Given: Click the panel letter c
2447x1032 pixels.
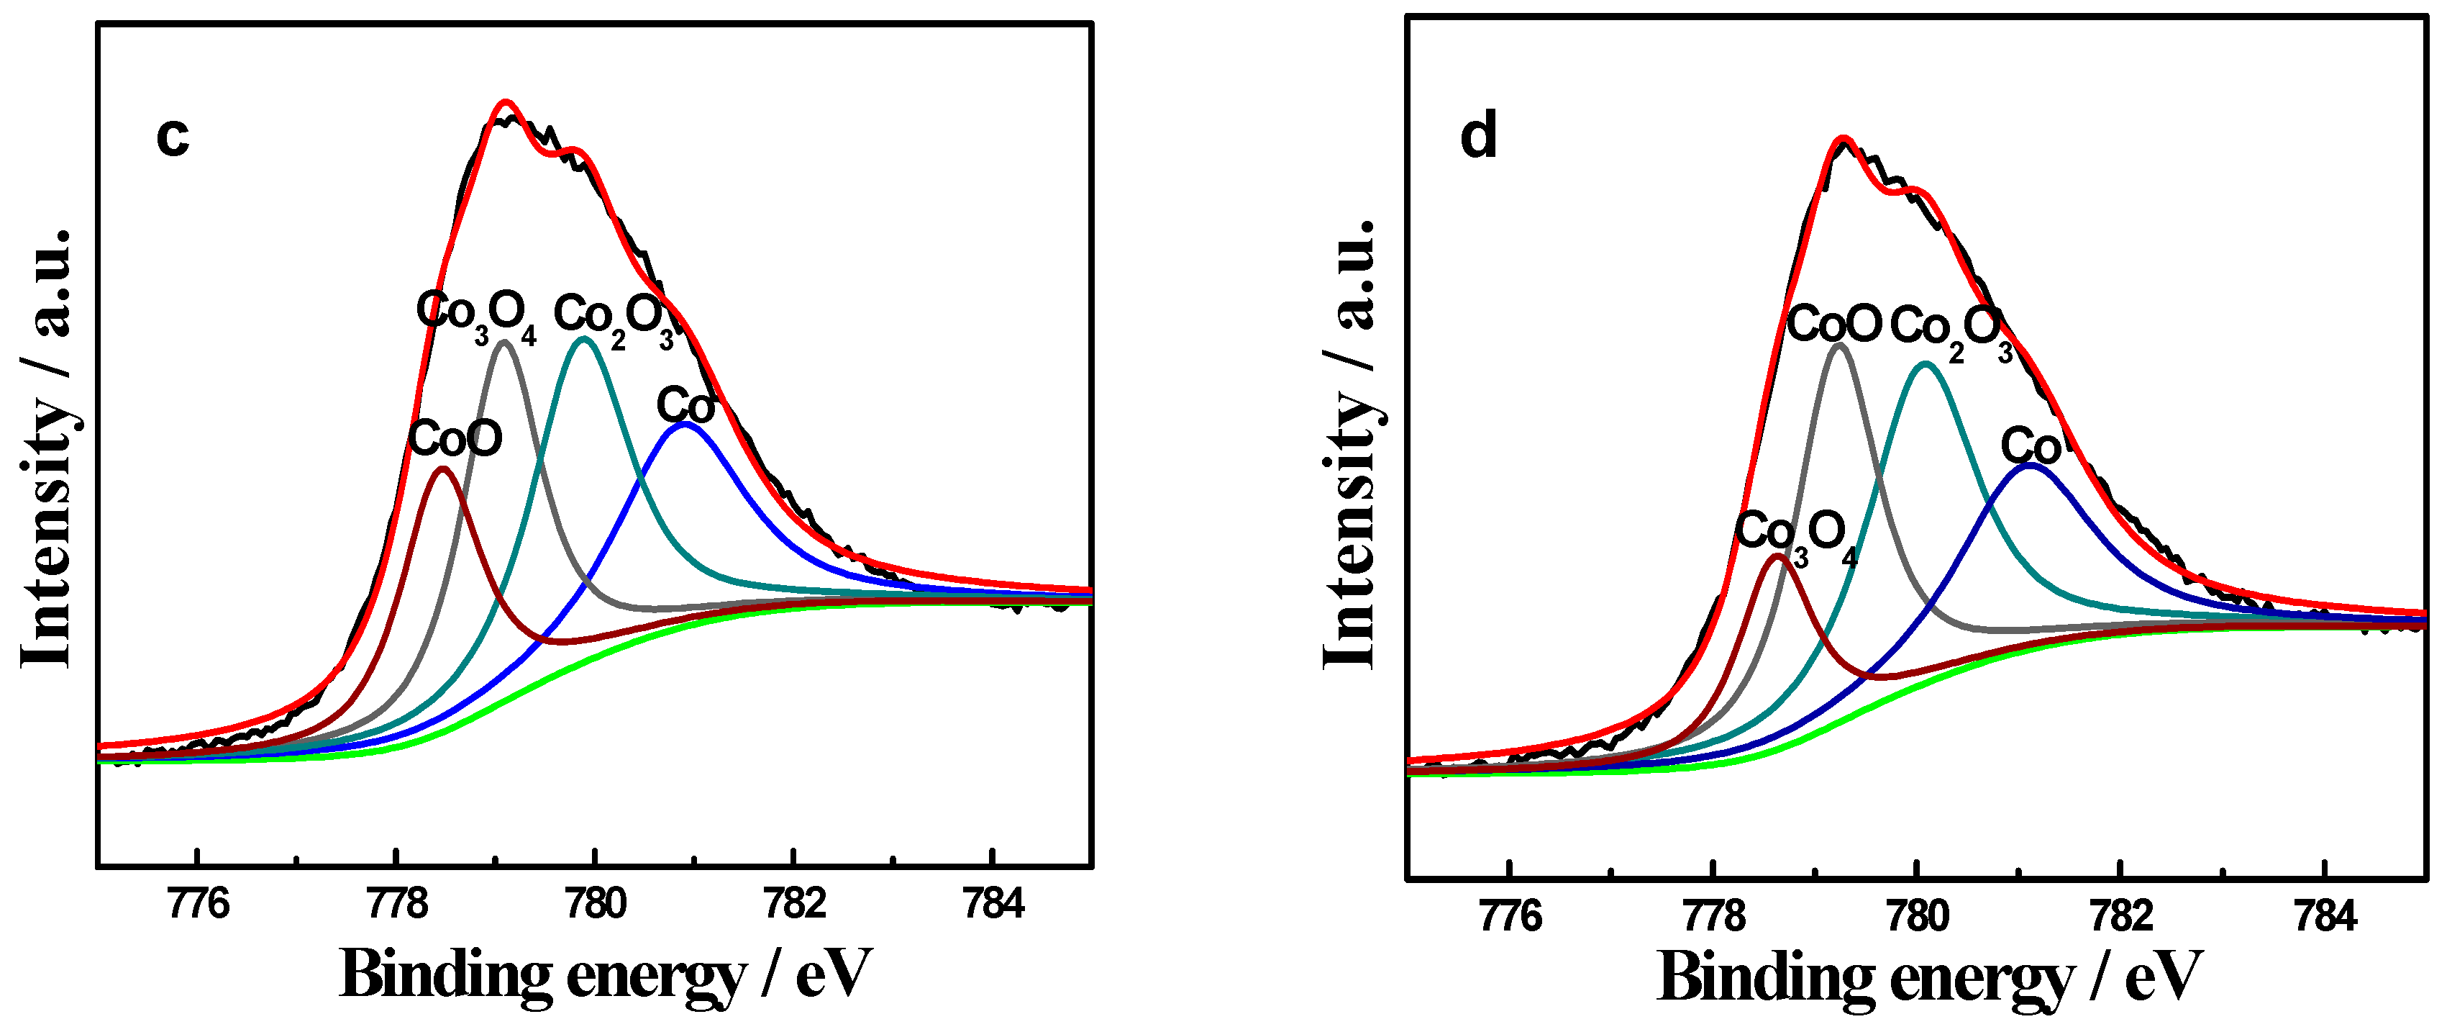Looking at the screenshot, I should click(173, 137).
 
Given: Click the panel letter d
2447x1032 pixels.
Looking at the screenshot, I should click(1478, 136).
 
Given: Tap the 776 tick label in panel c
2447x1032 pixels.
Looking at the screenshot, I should click(198, 904).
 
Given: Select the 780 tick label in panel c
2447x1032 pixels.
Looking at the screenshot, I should click(595, 904).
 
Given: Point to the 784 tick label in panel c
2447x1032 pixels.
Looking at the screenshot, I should click(993, 904).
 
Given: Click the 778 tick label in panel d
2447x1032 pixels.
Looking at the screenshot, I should click(1713, 916).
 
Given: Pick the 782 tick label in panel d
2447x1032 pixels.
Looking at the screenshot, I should click(2121, 916).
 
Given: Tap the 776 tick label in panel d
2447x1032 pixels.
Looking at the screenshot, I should click(1510, 916).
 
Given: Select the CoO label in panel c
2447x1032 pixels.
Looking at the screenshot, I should click(455, 440).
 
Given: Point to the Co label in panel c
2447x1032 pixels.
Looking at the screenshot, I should click(685, 407).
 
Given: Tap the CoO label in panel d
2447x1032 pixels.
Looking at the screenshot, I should click(1834, 325).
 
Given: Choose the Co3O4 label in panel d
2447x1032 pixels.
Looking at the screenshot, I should click(1795, 534).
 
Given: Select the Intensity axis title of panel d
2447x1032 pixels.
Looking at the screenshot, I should click(1351, 443).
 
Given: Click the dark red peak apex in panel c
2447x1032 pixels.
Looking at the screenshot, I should click(442, 469).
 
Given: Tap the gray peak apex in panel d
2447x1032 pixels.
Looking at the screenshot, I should click(1840, 345).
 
